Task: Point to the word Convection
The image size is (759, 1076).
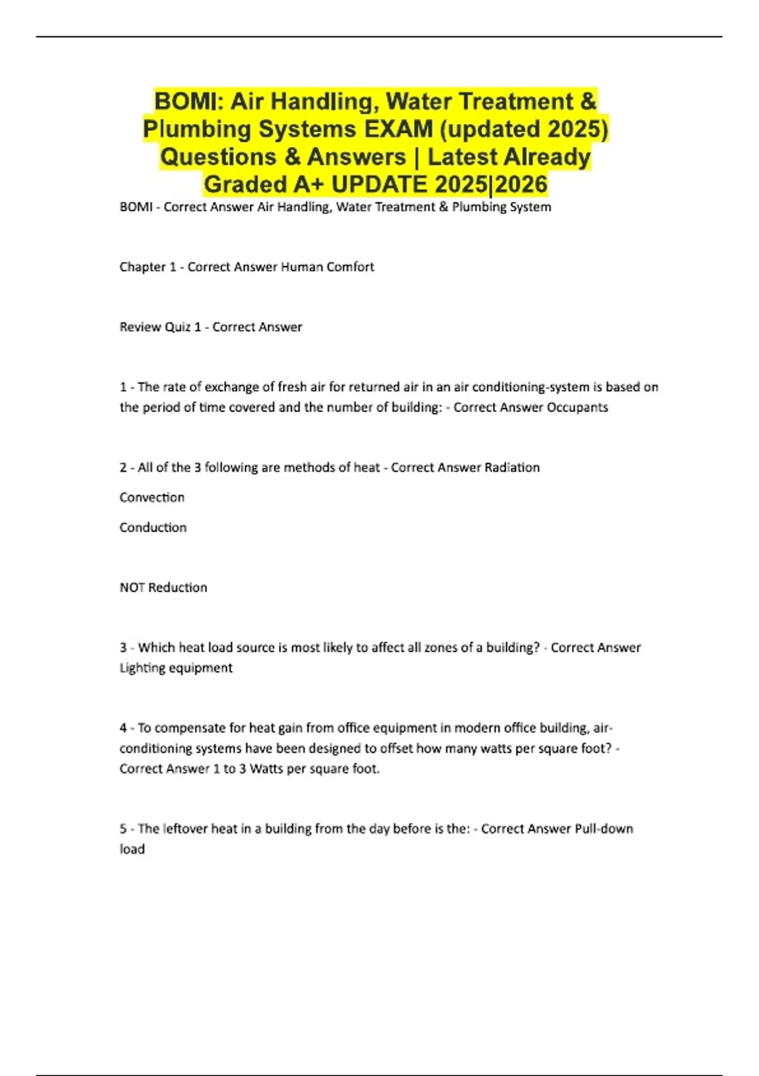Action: click(x=152, y=497)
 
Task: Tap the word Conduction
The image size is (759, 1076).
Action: click(x=153, y=527)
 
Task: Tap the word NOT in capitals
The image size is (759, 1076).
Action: click(x=132, y=587)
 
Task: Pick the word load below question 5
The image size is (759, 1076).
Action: click(x=132, y=849)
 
